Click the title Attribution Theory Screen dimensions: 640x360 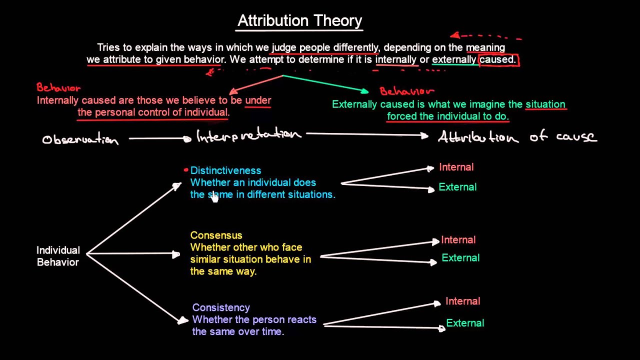(299, 20)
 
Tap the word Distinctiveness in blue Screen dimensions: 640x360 (225, 170)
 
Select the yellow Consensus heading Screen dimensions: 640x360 (216, 235)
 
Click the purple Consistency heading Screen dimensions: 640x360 (221, 307)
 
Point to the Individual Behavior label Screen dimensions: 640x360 (58, 256)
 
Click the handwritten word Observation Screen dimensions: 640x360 (80, 139)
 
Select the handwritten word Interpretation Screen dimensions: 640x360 (248, 135)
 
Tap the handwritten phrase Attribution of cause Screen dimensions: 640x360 (517, 136)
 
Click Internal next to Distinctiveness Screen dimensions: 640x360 (456, 167)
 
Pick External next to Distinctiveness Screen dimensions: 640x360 (457, 187)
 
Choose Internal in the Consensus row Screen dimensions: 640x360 (458, 240)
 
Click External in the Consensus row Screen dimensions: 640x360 (460, 258)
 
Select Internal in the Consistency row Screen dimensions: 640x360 (462, 301)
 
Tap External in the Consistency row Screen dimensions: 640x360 (465, 323)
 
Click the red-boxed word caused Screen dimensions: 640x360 (498, 59)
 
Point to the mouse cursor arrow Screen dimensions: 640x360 (214, 197)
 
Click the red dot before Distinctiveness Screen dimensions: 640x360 (186, 170)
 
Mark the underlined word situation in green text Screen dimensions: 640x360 (545, 104)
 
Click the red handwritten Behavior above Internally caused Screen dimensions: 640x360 (58, 88)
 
